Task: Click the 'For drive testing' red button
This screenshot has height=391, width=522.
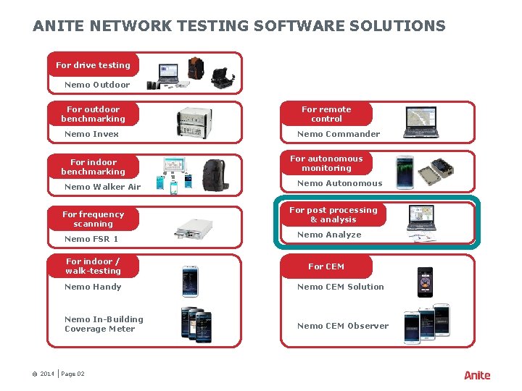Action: click(93, 65)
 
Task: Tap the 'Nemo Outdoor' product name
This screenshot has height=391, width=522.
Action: click(97, 85)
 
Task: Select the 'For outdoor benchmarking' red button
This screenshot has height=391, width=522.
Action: click(93, 114)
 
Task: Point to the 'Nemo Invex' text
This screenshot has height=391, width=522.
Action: click(91, 134)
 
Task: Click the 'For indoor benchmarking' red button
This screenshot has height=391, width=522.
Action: click(93, 167)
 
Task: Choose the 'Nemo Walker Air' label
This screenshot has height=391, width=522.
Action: click(102, 187)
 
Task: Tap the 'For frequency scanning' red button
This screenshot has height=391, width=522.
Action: click(93, 219)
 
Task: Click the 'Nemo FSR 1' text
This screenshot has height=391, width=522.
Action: click(91, 239)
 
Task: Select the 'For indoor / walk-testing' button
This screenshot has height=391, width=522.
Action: click(93, 266)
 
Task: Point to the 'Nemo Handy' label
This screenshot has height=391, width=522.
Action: click(93, 287)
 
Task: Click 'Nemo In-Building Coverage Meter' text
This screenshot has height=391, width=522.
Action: click(104, 324)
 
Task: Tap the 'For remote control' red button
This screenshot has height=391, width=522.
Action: click(326, 114)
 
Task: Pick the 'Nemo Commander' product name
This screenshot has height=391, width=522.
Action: click(339, 134)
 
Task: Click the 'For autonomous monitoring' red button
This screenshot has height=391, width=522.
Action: click(326, 164)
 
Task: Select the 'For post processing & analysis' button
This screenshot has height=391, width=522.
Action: click(333, 215)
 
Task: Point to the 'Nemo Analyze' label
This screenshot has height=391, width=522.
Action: click(329, 235)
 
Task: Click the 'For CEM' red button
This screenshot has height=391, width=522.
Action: click(326, 266)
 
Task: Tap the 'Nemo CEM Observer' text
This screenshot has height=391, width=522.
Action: click(343, 326)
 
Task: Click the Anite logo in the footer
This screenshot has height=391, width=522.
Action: click(477, 375)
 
